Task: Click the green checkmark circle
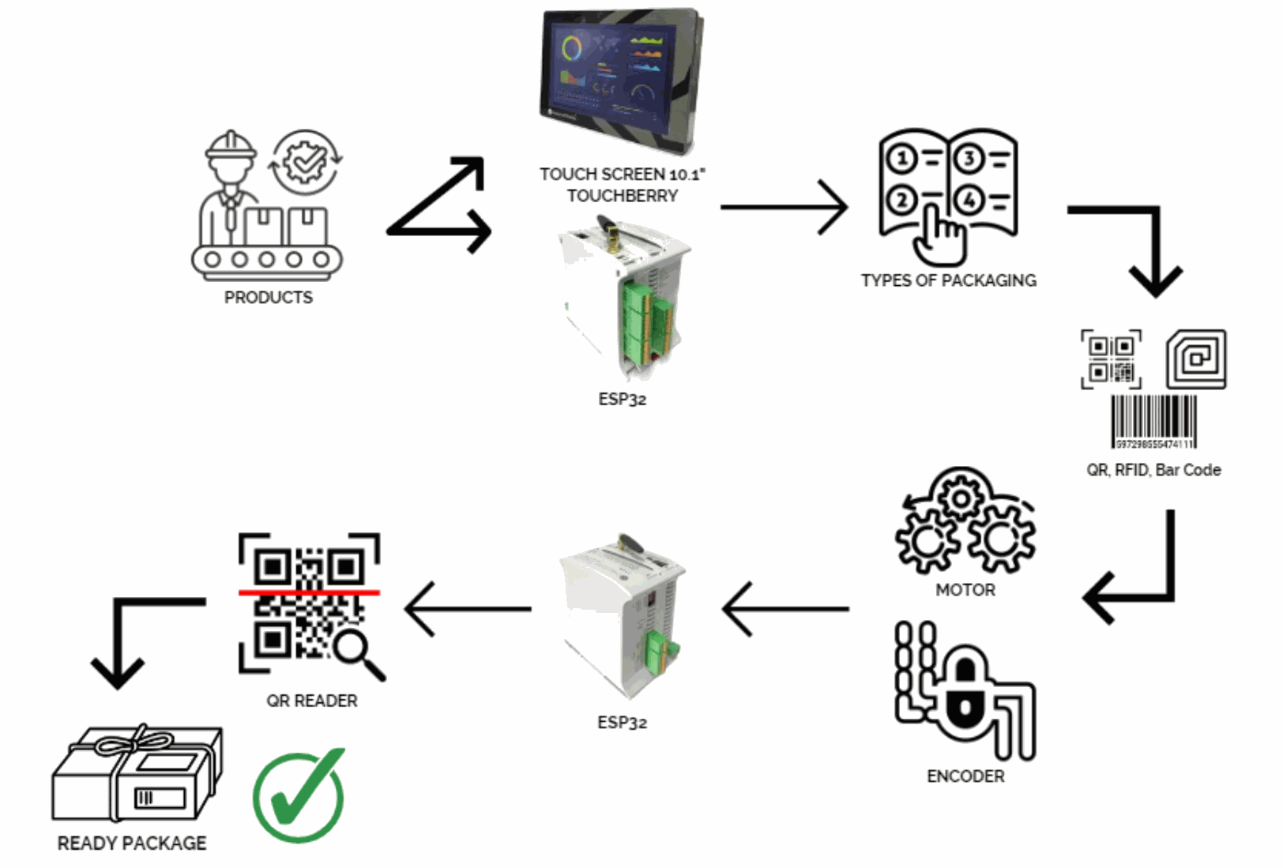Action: click(299, 796)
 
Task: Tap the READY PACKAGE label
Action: click(132, 844)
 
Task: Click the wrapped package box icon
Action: click(137, 775)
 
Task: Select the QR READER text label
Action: click(312, 701)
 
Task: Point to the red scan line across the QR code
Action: click(309, 592)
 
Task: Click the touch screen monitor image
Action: click(621, 79)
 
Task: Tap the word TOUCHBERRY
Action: click(623, 196)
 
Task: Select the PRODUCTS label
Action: click(269, 298)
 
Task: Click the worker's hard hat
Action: click(231, 147)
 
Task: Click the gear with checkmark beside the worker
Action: click(305, 162)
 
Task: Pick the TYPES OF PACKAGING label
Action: click(949, 280)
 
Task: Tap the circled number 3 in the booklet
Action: click(969, 159)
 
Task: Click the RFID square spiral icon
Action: click(1196, 359)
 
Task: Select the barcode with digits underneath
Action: click(1153, 422)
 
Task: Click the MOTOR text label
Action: click(965, 590)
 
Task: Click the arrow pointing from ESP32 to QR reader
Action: click(468, 609)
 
